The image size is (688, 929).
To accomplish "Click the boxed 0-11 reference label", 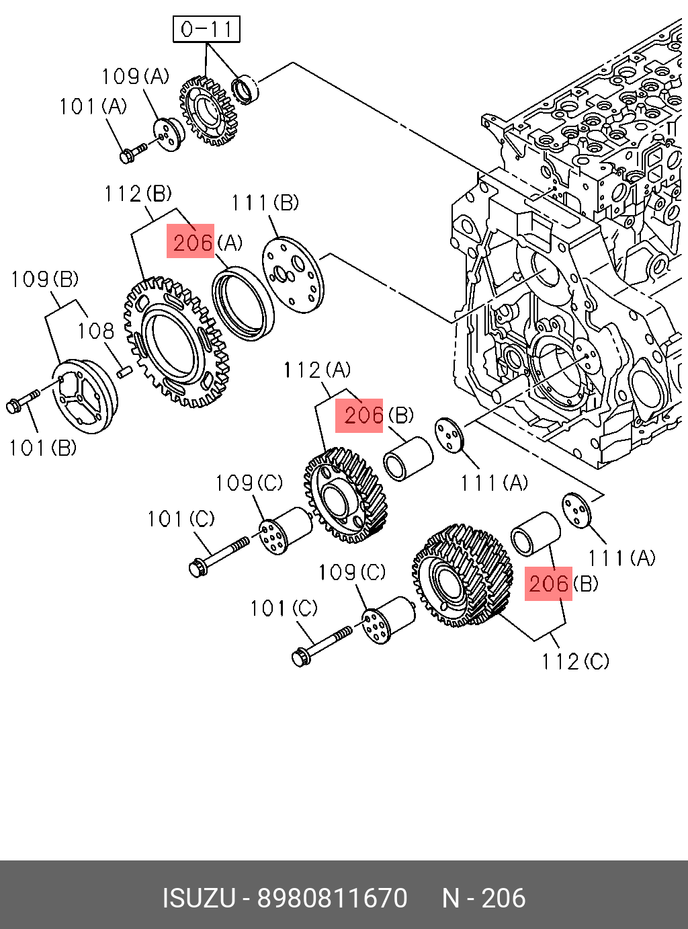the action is pyautogui.click(x=206, y=30).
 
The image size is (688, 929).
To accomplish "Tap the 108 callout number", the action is pyautogui.click(x=95, y=331).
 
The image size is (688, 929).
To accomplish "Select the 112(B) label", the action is pyautogui.click(x=138, y=194).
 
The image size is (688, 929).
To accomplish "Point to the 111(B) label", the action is pyautogui.click(x=265, y=203).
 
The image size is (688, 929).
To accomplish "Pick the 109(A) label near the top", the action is pyautogui.click(x=135, y=76).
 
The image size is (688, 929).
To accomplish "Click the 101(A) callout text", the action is pyautogui.click(x=93, y=106).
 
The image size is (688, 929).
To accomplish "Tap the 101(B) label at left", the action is pyautogui.click(x=43, y=448).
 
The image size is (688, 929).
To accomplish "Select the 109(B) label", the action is pyautogui.click(x=45, y=279).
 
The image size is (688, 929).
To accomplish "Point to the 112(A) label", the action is pyautogui.click(x=317, y=370).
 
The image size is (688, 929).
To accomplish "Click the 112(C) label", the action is pyautogui.click(x=575, y=661).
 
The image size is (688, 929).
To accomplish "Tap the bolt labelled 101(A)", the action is pyautogui.click(x=133, y=153).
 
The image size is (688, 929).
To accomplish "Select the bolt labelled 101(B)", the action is pyautogui.click(x=23, y=401).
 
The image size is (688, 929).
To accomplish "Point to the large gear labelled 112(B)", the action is pyautogui.click(x=176, y=341).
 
